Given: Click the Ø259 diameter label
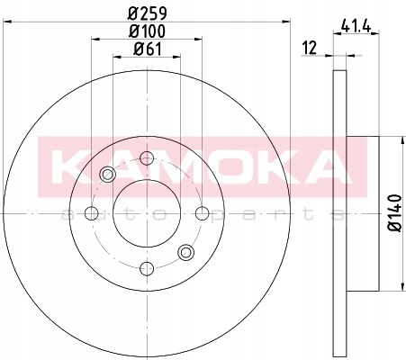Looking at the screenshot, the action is pos(147,13).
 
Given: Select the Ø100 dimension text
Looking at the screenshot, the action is pos(147,31).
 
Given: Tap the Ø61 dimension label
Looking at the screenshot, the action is pos(148,49).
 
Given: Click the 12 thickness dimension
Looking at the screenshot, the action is pos(310,48).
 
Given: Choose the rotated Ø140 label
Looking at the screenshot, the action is pos(394,212).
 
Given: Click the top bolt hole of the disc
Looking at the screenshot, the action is pos(147,158).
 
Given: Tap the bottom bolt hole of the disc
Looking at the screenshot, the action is pos(147,268).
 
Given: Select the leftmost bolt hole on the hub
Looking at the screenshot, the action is pos(92,213).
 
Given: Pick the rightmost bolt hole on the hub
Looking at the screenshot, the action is pos(203,213).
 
